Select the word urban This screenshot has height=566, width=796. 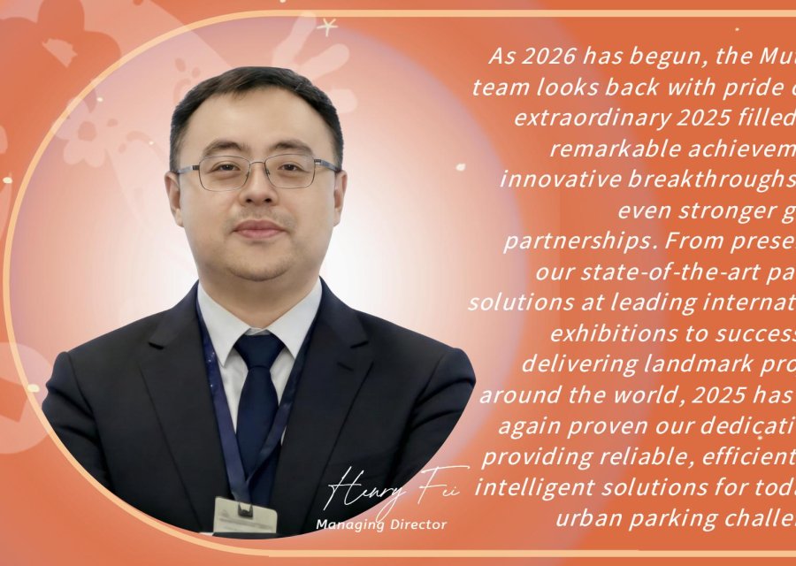[585, 518]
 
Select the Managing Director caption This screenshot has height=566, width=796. [381, 525]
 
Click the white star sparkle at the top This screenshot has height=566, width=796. [329, 27]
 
